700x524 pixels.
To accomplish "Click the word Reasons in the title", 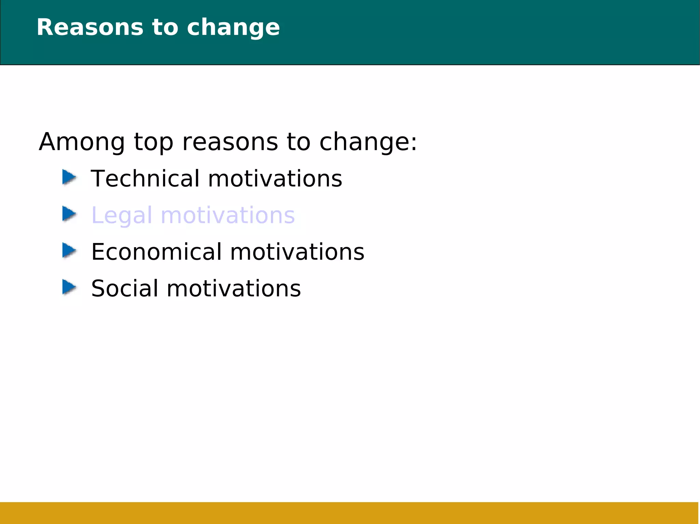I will point(90,27).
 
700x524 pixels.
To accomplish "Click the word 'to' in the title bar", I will point(165,27).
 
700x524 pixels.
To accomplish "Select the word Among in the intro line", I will point(82,142).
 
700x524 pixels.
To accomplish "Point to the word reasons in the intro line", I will point(230,142).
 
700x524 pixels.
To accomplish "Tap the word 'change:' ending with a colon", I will point(368,142).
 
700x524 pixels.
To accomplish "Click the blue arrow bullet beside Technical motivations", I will point(69,178).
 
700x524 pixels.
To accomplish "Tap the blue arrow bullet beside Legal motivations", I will point(69,214).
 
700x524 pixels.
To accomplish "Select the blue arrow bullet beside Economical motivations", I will point(69,251).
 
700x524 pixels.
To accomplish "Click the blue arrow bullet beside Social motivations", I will point(69,287).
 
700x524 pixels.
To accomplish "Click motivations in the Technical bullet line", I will point(275,179).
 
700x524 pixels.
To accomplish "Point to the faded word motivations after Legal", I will point(228,215).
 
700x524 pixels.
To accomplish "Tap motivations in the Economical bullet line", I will point(297,252).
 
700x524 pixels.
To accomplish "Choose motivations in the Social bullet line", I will point(233,288).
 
